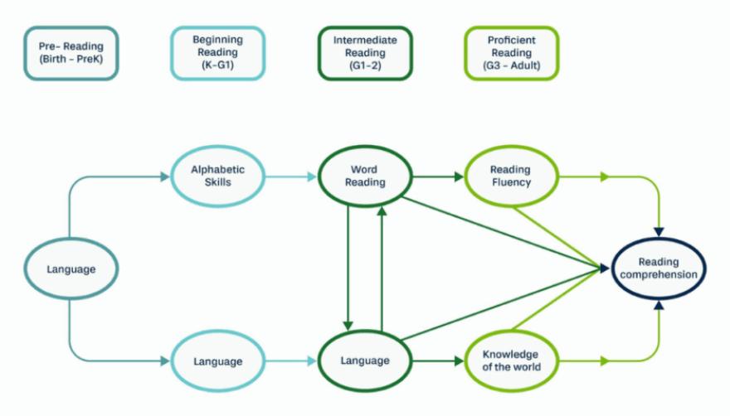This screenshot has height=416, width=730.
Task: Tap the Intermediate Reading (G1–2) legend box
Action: [365, 54]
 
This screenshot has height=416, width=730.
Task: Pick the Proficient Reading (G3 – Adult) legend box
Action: [511, 54]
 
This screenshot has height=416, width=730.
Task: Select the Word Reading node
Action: [365, 176]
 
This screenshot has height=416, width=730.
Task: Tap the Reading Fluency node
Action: [511, 176]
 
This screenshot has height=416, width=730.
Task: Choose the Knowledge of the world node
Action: [511, 361]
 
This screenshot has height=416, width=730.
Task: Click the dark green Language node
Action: [365, 361]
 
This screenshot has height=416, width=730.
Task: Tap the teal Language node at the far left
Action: [71, 268]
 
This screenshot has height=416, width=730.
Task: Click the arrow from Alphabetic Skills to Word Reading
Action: [290, 177]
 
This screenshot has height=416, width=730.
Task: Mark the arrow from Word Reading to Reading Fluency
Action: [438, 177]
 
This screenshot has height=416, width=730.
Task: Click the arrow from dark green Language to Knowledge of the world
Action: [438, 361]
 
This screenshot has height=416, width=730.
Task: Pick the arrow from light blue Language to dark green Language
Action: [290, 361]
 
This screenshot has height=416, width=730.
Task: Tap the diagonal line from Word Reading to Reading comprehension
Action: [498, 232]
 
